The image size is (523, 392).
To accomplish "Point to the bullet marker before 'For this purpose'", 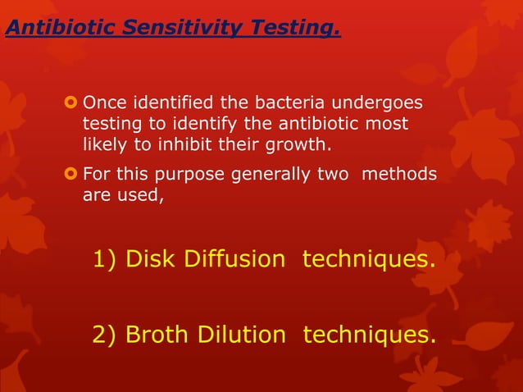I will pyautogui.click(x=70, y=175).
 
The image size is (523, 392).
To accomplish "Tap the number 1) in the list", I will pyautogui.click(x=107, y=261).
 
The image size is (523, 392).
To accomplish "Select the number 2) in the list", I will pyautogui.click(x=107, y=335).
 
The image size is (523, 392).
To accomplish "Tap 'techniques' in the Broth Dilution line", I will pyautogui.click(x=369, y=335).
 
